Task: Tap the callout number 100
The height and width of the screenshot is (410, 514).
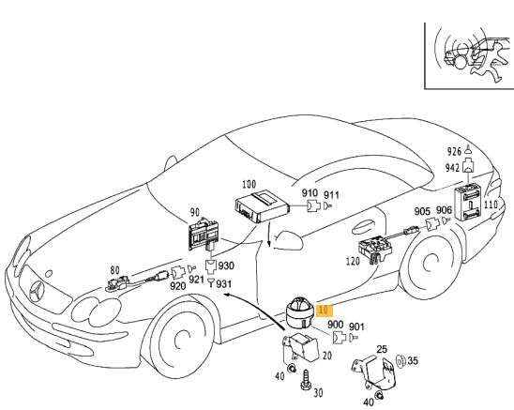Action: [x=249, y=185]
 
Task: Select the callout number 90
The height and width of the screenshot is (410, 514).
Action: [x=195, y=214]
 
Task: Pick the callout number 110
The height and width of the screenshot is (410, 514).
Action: [x=490, y=203]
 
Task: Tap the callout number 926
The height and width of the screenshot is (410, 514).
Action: [x=455, y=150]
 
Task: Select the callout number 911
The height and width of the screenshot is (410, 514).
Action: [x=331, y=195]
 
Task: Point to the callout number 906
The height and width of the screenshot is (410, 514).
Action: [x=445, y=212]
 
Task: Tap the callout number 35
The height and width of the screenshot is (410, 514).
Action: [x=414, y=359]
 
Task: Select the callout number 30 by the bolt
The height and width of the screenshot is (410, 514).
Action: [x=316, y=393]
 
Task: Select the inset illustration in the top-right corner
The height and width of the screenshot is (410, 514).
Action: [x=467, y=53]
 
